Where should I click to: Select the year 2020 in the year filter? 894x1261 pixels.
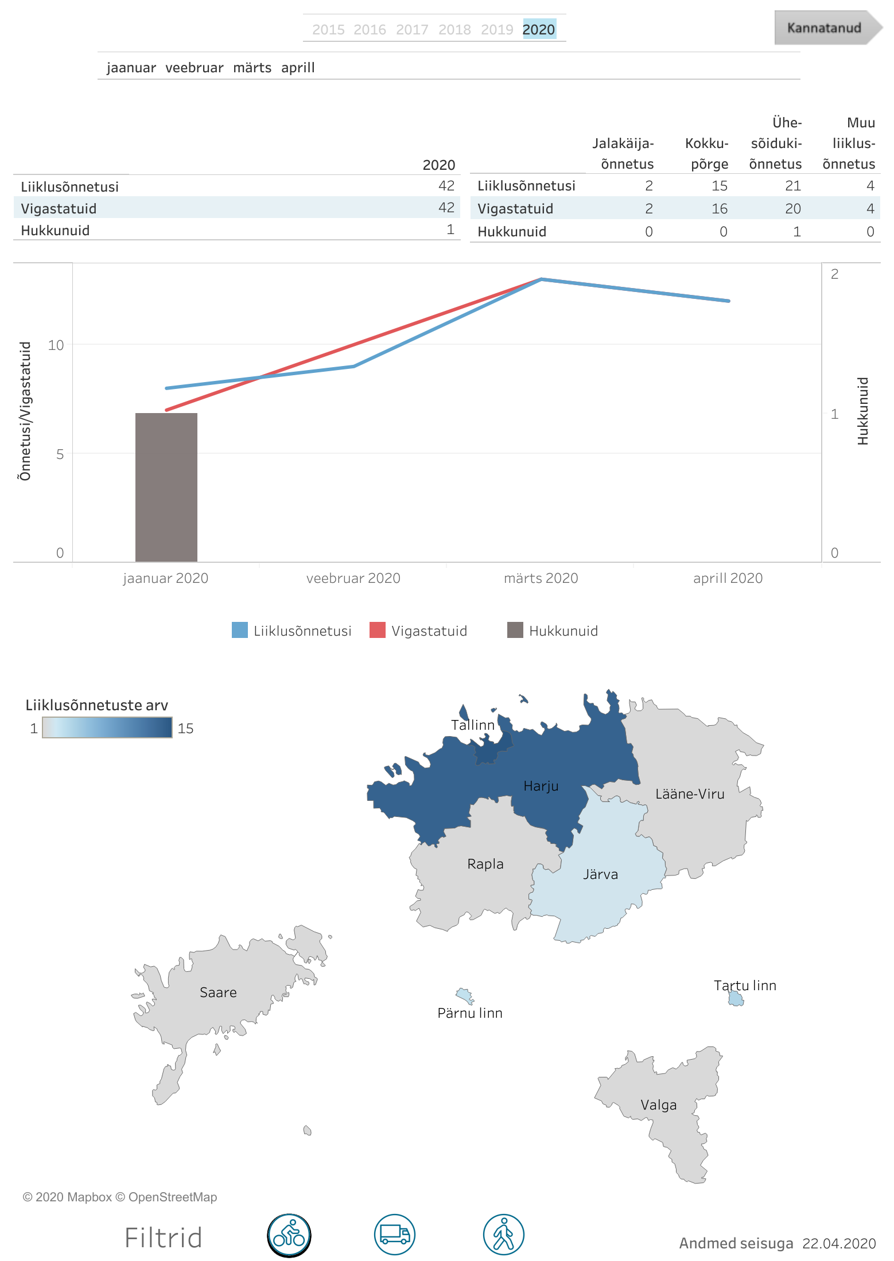coord(539,29)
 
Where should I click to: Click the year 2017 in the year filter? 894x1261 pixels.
coord(412,29)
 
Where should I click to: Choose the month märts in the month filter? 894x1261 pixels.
coord(252,68)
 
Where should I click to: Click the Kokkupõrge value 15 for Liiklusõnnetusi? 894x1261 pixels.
coord(719,186)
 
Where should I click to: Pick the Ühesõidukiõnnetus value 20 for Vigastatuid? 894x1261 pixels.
coord(792,209)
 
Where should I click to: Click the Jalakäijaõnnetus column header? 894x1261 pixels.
coord(623,154)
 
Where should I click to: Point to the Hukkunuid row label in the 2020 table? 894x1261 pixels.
coord(55,231)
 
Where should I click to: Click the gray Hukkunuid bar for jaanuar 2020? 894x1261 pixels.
coord(166,487)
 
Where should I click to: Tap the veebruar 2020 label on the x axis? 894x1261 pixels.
coord(353,578)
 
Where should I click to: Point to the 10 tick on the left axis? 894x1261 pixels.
coord(56,345)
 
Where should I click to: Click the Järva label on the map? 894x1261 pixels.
coord(600,874)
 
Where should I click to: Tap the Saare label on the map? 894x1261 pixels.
coord(218,993)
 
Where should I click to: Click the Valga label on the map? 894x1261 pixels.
coord(658,1105)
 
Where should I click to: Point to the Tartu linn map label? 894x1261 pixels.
coord(744,986)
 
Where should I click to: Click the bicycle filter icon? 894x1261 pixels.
coord(289,1235)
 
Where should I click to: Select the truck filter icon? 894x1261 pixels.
coord(395,1235)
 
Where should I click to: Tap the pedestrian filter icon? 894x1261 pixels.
coord(504,1235)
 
